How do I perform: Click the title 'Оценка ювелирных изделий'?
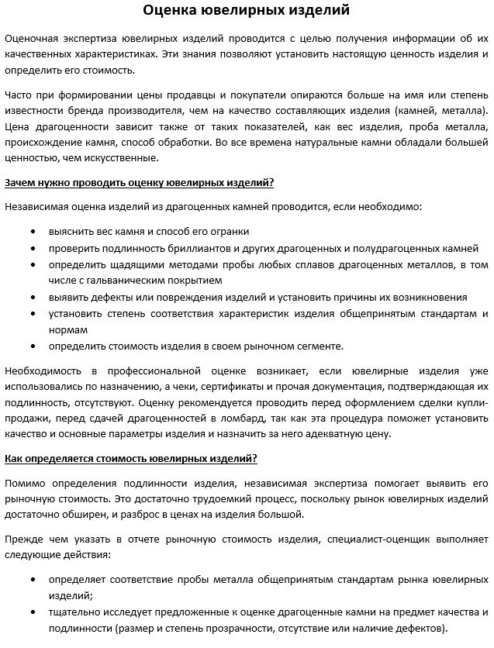point(246,11)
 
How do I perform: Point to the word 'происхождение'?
point(42,143)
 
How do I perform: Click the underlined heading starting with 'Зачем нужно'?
point(139,183)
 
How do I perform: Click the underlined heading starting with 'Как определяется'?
point(131,458)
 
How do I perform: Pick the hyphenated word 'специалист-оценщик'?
point(378,539)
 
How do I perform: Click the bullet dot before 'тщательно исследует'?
point(33,612)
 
